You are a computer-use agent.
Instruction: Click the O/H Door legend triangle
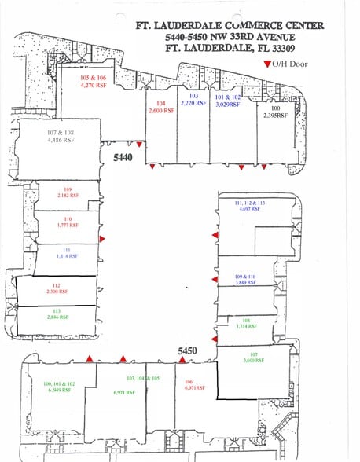coord(267,63)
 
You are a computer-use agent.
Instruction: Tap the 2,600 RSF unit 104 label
coord(160,107)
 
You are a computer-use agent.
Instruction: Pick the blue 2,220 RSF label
coord(193,100)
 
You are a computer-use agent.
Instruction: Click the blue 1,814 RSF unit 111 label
coord(68,254)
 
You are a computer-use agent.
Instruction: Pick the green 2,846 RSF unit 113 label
coord(56,321)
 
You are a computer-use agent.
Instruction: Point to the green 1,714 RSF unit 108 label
coord(245,322)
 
